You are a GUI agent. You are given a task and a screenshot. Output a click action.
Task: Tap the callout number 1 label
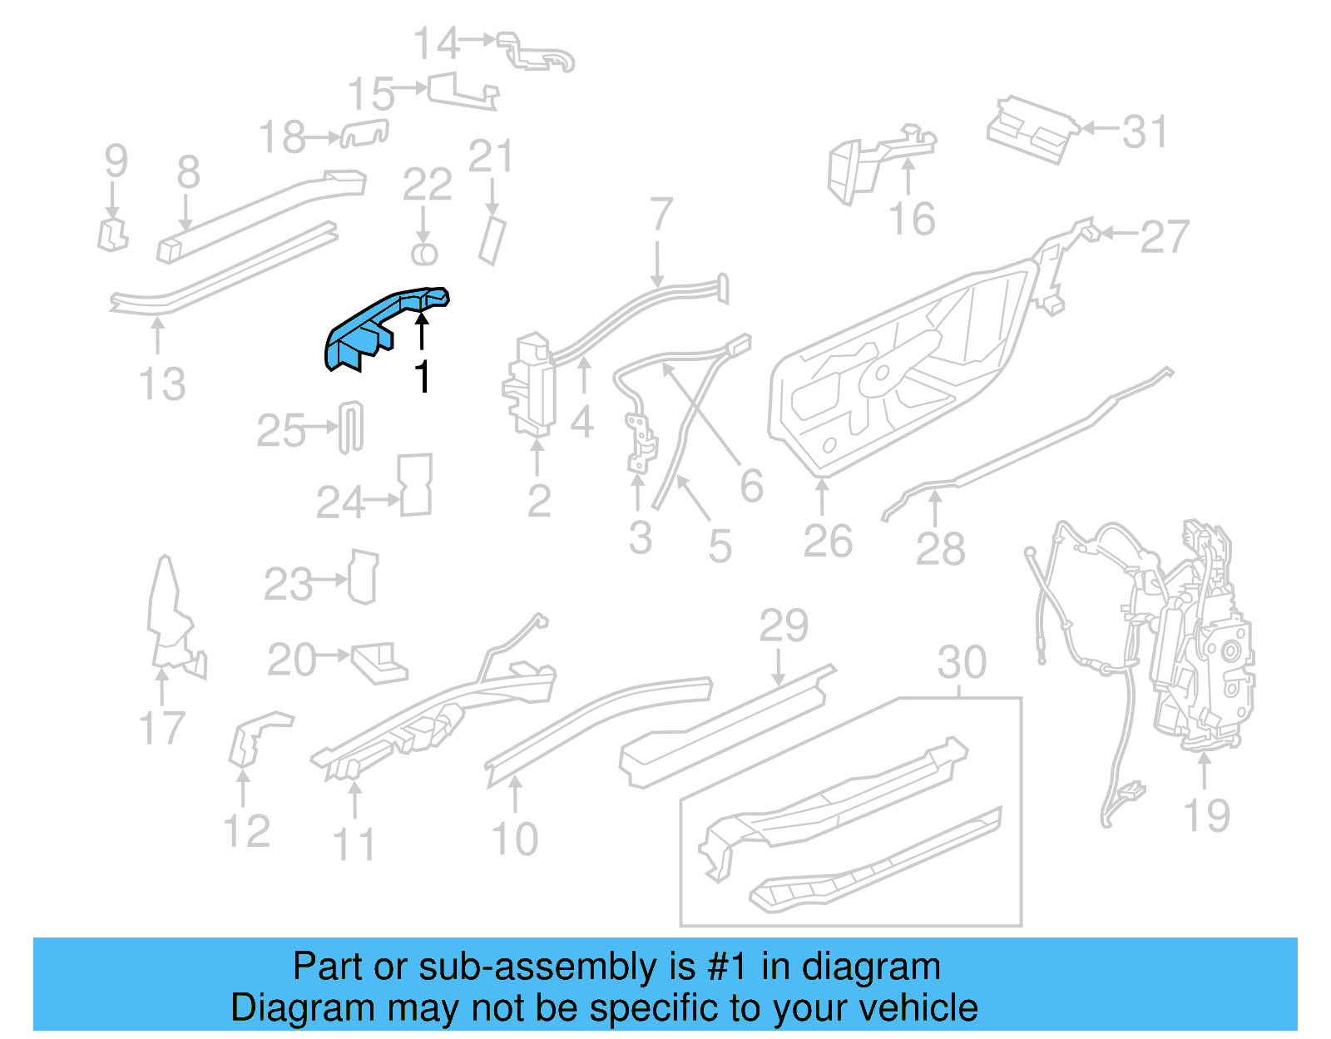pos(423,377)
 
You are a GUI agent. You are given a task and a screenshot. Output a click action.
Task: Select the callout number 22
pos(427,185)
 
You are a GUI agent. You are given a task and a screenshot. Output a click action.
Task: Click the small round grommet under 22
pos(424,254)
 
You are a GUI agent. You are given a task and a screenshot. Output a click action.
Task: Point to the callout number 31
pos(1145,131)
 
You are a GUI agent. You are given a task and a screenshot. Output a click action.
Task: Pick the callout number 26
pos(828,541)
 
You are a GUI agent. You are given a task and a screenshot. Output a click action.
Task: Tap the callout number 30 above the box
pos(962,663)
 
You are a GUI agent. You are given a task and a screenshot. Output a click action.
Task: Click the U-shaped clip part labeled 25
pos(351,428)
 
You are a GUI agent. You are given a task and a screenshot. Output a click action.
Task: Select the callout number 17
pos(161,728)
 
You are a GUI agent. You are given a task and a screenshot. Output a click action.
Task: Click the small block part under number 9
pos(112,235)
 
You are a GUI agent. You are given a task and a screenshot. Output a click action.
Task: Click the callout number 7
pos(661,215)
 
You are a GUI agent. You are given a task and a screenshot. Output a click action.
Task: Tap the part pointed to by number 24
pos(416,485)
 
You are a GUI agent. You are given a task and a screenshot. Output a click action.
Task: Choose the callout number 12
pos(246,831)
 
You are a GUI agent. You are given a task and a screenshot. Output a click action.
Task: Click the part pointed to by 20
pos(379,662)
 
